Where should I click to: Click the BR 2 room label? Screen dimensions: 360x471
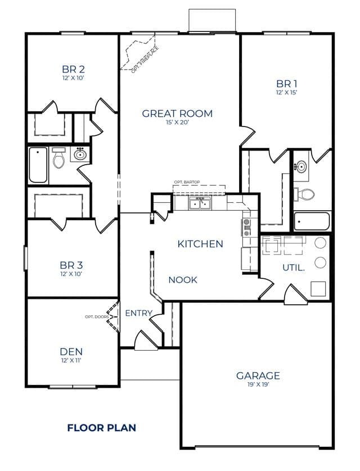pyautogui.click(x=73, y=69)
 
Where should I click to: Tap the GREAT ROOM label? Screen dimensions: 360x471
pyautogui.click(x=177, y=114)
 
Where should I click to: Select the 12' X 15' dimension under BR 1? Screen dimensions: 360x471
pyautogui.click(x=287, y=92)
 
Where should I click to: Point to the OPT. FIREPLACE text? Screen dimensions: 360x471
pyautogui.click(x=145, y=60)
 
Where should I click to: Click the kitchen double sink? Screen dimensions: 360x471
pyautogui.click(x=200, y=203)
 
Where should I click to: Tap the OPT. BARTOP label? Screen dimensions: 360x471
pyautogui.click(x=187, y=182)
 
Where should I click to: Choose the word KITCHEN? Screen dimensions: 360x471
pyautogui.click(x=200, y=244)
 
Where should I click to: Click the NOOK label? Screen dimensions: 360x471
pyautogui.click(x=183, y=280)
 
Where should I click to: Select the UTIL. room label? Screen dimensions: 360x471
pyautogui.click(x=294, y=268)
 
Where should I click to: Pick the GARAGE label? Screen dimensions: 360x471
pyautogui.click(x=258, y=375)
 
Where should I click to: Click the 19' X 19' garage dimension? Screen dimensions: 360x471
pyautogui.click(x=258, y=384)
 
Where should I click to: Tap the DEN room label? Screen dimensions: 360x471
pyautogui.click(x=71, y=351)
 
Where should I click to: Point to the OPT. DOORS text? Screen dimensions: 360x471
pyautogui.click(x=97, y=316)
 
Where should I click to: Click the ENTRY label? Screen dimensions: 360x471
pyautogui.click(x=138, y=313)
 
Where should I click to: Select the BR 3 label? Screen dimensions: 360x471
pyautogui.click(x=71, y=265)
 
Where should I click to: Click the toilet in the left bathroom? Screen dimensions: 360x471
pyautogui.click(x=58, y=157)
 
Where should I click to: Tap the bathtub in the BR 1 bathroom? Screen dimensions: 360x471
pyautogui.click(x=312, y=221)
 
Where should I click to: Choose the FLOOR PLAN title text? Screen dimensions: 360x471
pyautogui.click(x=102, y=428)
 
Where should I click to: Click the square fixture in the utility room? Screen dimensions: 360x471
pyautogui.click(x=318, y=289)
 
